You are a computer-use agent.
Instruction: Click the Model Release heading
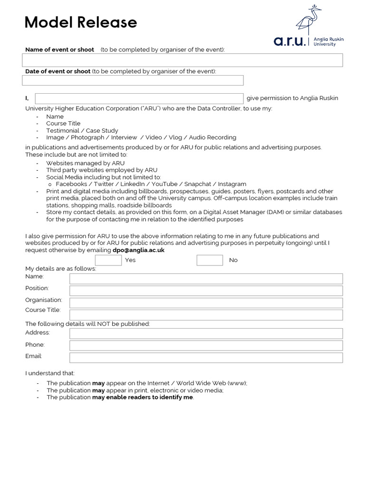click(x=81, y=22)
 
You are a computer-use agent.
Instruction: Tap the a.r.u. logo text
click(x=290, y=41)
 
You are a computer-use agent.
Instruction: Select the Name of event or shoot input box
click(x=182, y=60)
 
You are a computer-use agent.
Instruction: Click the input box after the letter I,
click(x=139, y=98)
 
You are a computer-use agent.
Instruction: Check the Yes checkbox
click(x=108, y=260)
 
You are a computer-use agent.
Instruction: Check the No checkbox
click(x=210, y=260)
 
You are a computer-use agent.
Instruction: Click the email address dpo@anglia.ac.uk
click(x=138, y=250)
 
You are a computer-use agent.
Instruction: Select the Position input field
click(x=206, y=291)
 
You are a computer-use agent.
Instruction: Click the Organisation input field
click(x=206, y=303)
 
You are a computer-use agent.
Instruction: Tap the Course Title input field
click(x=206, y=315)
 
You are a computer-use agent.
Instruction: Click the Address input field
click(x=206, y=333)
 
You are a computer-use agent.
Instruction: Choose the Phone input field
click(x=206, y=345)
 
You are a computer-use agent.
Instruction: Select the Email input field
click(x=206, y=358)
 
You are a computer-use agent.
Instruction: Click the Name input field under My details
click(x=206, y=279)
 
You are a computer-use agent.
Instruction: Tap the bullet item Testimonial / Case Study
click(x=82, y=130)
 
